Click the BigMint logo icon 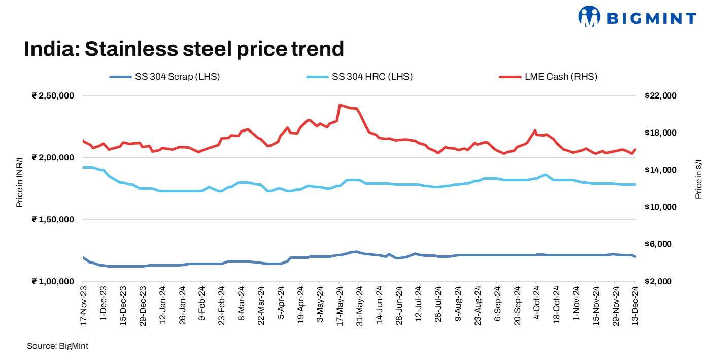pyautogui.click(x=589, y=17)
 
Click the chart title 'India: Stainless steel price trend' pyautogui.click(x=184, y=49)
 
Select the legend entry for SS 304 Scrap pyautogui.click(x=165, y=77)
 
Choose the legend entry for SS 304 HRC pyautogui.click(x=359, y=77)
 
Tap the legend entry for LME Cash pyautogui.click(x=548, y=77)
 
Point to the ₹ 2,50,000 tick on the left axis pyautogui.click(x=53, y=96)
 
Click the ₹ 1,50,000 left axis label pyautogui.click(x=53, y=219)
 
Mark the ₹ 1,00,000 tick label pyautogui.click(x=53, y=281)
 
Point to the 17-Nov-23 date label pyautogui.click(x=84, y=307)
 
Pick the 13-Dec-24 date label pyautogui.click(x=635, y=307)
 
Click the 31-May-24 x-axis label pyautogui.click(x=359, y=307)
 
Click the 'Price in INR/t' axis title pyautogui.click(x=19, y=182)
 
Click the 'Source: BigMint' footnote pyautogui.click(x=58, y=346)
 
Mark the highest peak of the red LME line pyautogui.click(x=340, y=105)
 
